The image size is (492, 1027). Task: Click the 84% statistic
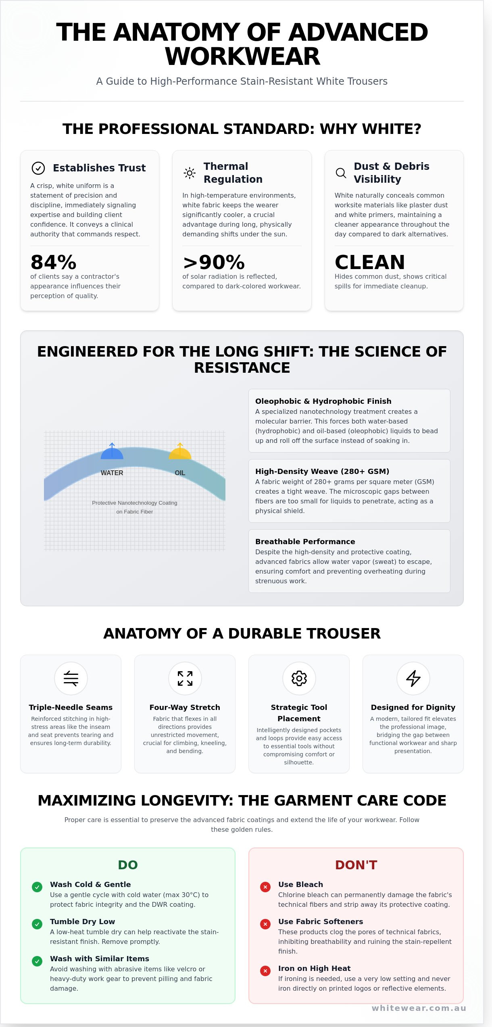[x=54, y=262]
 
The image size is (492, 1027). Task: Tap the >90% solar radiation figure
[x=214, y=262]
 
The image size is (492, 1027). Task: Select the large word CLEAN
[x=370, y=262]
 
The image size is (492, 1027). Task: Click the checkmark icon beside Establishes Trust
[x=38, y=168]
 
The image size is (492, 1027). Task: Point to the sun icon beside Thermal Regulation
[x=190, y=173]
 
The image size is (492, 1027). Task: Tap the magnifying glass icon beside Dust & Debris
[x=341, y=173]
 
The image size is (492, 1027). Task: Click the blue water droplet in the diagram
[x=112, y=452]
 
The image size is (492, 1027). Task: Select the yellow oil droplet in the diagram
[x=180, y=452]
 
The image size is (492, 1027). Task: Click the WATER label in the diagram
[x=112, y=473]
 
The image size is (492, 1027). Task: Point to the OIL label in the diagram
[x=180, y=473]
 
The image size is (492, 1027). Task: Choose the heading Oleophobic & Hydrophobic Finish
[x=323, y=401]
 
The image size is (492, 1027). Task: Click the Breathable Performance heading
[x=305, y=541]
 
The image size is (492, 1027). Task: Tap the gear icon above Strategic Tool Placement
[x=299, y=678]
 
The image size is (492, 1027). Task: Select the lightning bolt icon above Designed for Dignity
[x=413, y=678]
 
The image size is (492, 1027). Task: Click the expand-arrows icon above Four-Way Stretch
[x=185, y=678]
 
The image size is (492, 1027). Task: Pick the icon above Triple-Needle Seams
[x=71, y=678]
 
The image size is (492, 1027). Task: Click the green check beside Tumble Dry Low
[x=37, y=924]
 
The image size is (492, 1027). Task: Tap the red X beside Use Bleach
[x=265, y=887]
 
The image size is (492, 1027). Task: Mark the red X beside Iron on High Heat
[x=265, y=971]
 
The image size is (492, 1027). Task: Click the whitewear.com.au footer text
[x=419, y=1008]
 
